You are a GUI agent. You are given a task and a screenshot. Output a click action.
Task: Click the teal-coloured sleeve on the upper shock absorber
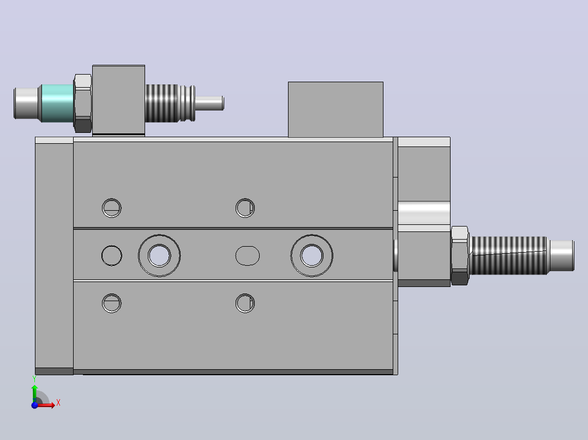[57, 103]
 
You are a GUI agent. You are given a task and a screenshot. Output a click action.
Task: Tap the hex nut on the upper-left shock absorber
[83, 103]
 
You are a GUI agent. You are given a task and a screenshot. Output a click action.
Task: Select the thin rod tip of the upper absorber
[209, 103]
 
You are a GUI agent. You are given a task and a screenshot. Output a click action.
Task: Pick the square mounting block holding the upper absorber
[118, 100]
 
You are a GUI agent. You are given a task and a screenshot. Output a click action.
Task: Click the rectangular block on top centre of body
[335, 109]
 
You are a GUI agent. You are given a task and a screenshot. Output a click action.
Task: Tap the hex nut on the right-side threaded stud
[460, 256]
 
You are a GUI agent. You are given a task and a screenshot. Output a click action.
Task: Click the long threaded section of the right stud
[509, 256]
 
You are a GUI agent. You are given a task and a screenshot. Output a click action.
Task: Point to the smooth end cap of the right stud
[561, 256]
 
